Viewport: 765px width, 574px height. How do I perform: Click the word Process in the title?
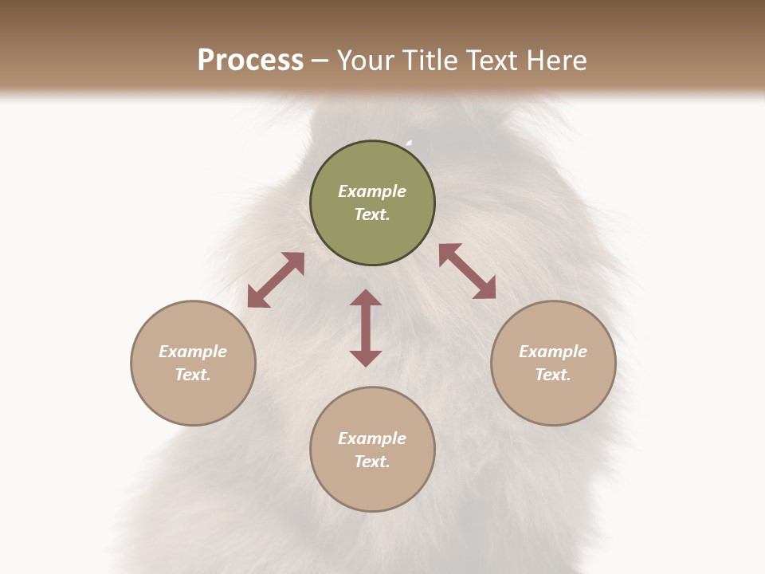pos(250,61)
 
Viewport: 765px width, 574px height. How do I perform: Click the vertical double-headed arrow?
pos(366,328)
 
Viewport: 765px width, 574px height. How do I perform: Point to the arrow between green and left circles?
pos(276,280)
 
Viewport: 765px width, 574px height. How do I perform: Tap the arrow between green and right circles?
pos(468,271)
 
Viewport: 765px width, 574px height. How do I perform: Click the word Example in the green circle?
pos(372,191)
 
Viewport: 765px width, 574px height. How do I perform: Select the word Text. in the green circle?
pos(372,214)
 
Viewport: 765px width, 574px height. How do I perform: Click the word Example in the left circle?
pos(193,352)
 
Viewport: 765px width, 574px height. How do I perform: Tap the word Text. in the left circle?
pos(193,375)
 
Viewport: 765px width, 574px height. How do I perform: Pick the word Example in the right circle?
pos(553,352)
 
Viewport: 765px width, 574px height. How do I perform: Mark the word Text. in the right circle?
pos(553,375)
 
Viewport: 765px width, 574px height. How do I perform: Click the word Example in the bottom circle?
pos(372,438)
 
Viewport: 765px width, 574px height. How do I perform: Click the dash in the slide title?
pos(320,61)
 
